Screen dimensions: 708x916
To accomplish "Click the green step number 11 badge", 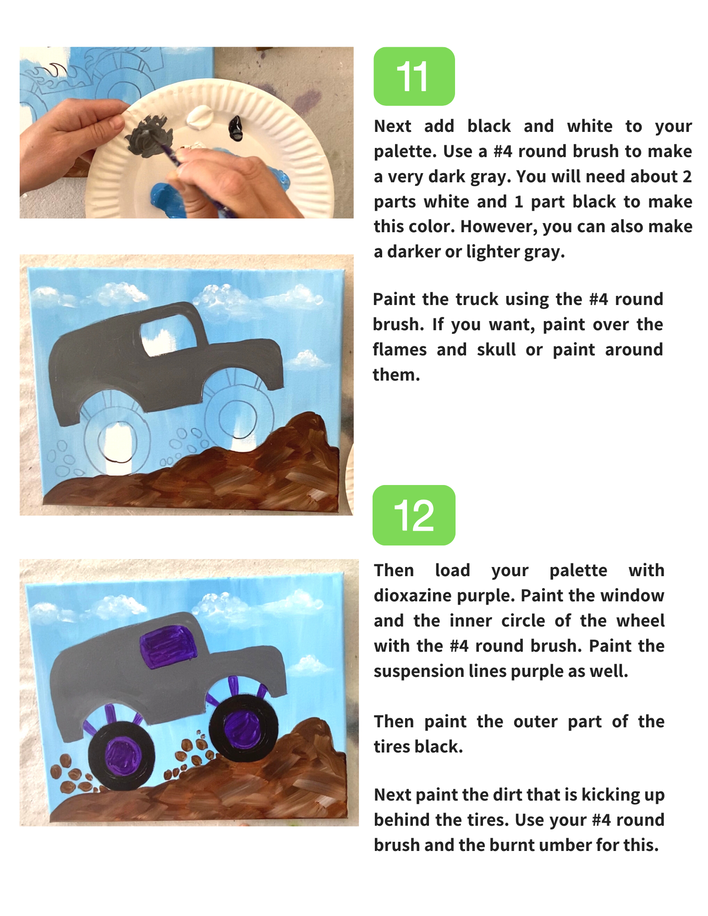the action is [x=414, y=76].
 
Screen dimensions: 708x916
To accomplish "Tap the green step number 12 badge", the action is [x=414, y=515].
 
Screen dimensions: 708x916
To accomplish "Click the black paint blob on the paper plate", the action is [x=236, y=128].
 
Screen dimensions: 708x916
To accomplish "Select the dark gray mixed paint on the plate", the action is [x=147, y=135].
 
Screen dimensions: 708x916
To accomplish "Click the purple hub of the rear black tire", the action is [x=122, y=755].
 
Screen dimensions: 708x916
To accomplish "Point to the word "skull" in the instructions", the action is [x=496, y=349].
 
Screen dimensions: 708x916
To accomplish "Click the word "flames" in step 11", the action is [x=400, y=349].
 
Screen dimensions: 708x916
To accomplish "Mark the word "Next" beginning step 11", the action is [x=393, y=126].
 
